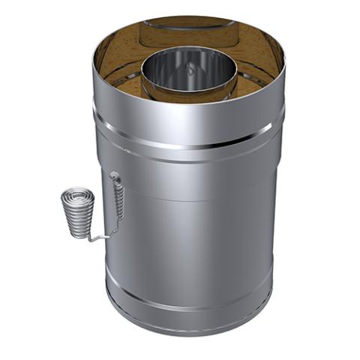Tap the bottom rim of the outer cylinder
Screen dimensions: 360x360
coord(187,328)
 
